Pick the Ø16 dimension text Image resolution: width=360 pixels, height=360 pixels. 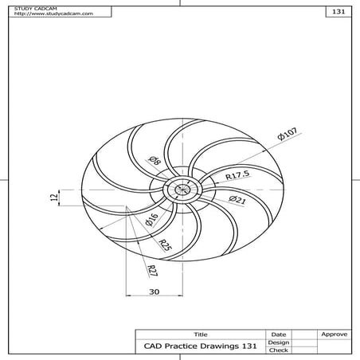tap(151, 221)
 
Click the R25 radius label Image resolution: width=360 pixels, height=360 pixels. tap(164, 245)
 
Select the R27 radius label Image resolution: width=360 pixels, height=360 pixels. tap(151, 269)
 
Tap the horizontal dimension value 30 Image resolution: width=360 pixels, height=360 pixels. tap(155, 292)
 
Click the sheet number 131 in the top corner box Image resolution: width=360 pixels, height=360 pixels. tap(338, 13)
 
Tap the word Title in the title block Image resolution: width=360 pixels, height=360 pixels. tap(199, 334)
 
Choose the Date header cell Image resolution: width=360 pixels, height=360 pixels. tap(278, 334)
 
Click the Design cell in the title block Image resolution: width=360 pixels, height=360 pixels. tap(278, 342)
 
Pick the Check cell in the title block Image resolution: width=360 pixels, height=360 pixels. tap(278, 350)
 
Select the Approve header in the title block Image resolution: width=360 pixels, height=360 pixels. tap(332, 334)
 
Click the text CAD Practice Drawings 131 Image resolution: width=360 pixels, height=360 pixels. tap(199, 346)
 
